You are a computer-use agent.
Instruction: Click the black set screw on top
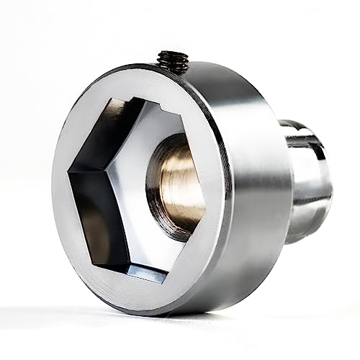pyautogui.click(x=172, y=60)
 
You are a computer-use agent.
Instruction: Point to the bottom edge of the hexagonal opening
pyautogui.click(x=137, y=274)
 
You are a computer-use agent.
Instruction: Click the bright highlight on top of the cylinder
pyautogui.click(x=216, y=72)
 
